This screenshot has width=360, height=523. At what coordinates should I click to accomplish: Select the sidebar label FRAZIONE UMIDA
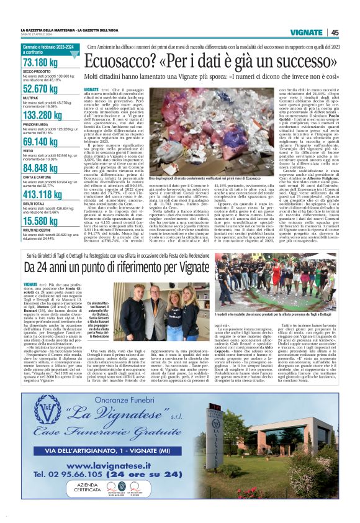coord(35,124)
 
